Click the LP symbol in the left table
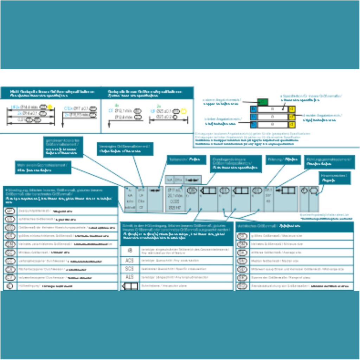(x=9, y=211)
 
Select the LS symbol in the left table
(x=9, y=219)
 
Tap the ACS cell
(x=129, y=261)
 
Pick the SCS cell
(x=129, y=269)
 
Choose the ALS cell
(x=129, y=277)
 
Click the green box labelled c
(x=262, y=102)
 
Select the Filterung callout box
(x=283, y=160)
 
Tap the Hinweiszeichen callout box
(x=335, y=178)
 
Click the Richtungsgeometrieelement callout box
(x=329, y=162)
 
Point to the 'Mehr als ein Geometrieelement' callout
(x=43, y=167)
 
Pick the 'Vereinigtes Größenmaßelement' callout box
(x=125, y=149)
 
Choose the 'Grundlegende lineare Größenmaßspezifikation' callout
(x=236, y=164)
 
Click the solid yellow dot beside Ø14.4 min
(x=50, y=107)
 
